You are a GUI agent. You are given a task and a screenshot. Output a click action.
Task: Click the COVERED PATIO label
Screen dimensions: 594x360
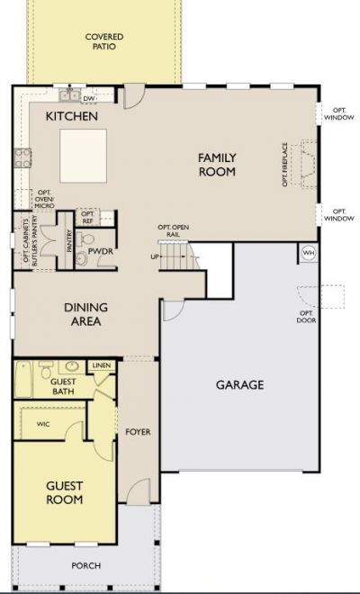coord(104,41)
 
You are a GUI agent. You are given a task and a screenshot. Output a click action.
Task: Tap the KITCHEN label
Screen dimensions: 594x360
coord(72,117)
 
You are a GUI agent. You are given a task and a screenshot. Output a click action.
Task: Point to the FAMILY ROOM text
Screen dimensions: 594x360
coord(217,165)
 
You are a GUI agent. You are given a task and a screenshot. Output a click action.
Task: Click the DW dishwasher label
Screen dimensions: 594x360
coord(88,98)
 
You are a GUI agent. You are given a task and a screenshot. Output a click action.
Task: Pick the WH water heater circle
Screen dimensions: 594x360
coord(308,253)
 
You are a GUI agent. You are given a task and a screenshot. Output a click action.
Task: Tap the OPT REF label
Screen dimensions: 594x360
coord(87,217)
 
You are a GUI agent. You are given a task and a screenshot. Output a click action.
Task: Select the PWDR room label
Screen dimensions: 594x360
coord(99,240)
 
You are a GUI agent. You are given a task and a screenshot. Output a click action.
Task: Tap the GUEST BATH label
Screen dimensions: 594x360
coord(56,387)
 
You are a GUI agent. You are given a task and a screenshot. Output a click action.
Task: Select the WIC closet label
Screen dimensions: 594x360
coord(42,423)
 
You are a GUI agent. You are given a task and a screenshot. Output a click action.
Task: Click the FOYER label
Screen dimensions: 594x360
coord(138,432)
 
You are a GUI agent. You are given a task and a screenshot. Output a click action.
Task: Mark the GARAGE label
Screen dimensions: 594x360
coord(239,385)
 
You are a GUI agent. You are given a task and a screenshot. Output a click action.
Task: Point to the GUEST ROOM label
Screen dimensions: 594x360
coord(65,492)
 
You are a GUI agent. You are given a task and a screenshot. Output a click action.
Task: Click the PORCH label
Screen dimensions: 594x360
coord(87,565)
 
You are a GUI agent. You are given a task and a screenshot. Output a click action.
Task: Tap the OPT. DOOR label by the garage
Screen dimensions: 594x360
coord(307,317)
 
